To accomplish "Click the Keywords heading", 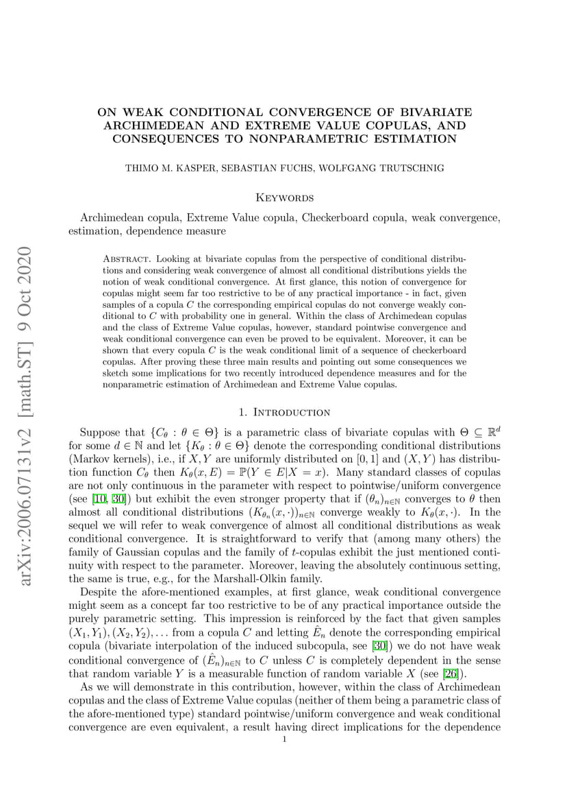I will click(x=284, y=197).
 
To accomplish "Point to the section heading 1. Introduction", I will click(x=284, y=412).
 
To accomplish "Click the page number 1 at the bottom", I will click(x=284, y=739).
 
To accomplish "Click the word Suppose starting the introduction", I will click(x=101, y=433).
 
